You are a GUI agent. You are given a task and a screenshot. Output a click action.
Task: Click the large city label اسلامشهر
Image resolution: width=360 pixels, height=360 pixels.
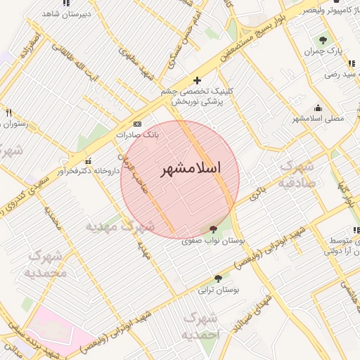click(x=191, y=169)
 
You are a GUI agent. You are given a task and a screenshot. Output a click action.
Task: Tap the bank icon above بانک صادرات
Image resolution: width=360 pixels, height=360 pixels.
click(x=137, y=123)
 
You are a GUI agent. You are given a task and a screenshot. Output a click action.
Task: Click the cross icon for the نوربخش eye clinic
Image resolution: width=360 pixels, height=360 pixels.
click(x=197, y=81)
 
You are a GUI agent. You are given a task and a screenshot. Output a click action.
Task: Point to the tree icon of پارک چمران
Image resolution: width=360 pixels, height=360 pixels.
click(x=323, y=40)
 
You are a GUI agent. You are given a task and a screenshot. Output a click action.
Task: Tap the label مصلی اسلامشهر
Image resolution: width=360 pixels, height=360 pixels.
click(x=319, y=118)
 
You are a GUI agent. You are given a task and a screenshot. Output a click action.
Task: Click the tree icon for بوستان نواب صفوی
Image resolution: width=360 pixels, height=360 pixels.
click(x=213, y=229)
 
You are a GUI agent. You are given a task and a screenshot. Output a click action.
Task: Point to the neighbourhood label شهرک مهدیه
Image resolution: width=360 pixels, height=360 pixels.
click(x=120, y=226)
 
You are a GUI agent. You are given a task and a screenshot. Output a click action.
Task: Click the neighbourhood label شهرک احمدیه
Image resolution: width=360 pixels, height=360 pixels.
click(x=202, y=327)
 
